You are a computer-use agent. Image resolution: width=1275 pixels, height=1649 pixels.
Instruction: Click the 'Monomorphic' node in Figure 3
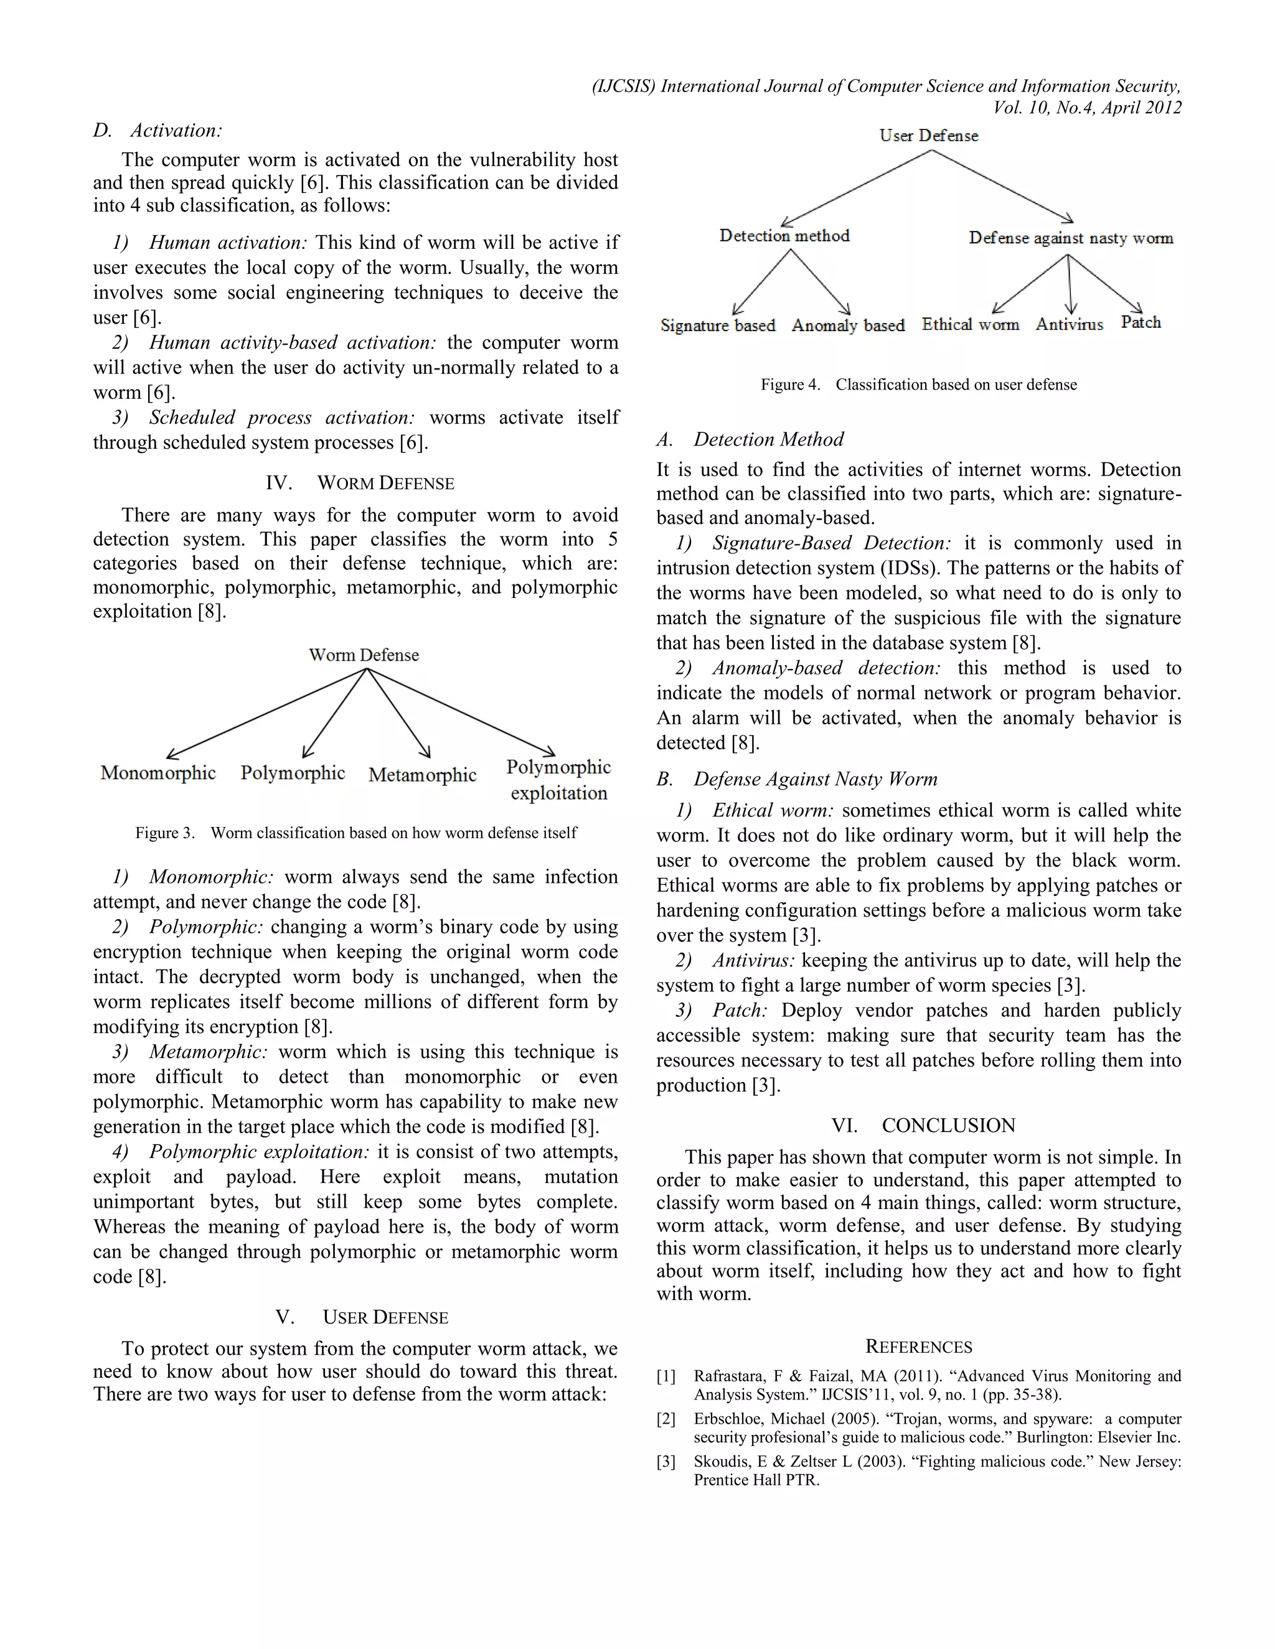point(158,773)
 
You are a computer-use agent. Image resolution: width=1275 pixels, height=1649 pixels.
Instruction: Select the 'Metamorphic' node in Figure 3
point(422,775)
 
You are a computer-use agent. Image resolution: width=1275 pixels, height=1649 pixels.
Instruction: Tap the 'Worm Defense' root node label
point(364,655)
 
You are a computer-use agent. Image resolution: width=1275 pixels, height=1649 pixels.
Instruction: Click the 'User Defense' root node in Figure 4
point(928,136)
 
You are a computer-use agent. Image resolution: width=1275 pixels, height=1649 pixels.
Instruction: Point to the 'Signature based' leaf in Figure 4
point(718,325)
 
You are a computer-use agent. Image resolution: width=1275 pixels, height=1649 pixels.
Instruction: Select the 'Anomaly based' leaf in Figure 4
point(847,325)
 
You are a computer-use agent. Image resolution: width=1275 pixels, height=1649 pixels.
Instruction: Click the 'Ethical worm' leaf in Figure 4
point(970,325)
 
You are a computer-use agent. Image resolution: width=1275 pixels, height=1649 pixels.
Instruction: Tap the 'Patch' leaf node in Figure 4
point(1141,322)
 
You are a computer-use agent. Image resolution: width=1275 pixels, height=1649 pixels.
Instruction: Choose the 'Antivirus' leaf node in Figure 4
point(1069,325)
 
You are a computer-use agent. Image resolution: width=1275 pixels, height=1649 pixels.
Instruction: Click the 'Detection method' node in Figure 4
point(784,236)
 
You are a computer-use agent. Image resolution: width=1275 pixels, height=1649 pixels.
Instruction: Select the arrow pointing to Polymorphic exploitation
point(461,712)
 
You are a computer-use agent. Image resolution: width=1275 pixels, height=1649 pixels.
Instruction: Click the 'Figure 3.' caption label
point(164,833)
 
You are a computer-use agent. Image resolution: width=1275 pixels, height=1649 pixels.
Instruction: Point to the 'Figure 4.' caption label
point(790,385)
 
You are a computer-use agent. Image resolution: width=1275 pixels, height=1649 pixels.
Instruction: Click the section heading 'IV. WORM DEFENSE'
point(360,483)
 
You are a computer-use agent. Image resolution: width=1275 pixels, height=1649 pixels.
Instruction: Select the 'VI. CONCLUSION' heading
point(923,1126)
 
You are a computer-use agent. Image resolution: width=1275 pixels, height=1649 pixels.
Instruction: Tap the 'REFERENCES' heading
point(918,1347)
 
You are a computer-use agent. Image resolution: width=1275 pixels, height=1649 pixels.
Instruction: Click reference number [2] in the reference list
point(666,1419)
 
